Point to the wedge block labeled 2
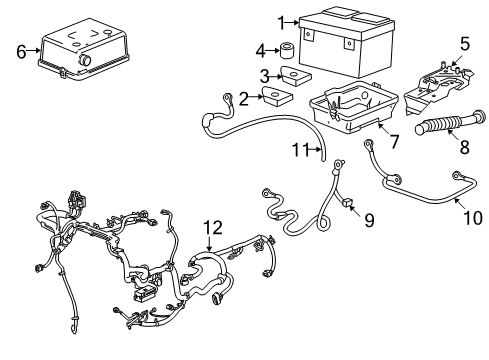(x=272, y=97)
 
